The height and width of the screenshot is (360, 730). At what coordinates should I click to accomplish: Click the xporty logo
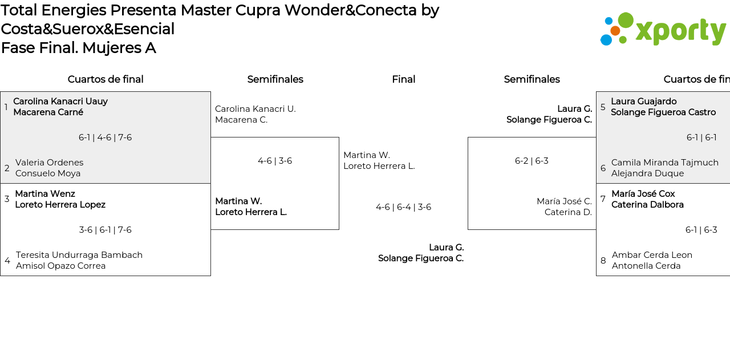coord(663,29)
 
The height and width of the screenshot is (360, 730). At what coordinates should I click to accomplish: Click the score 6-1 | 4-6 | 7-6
coord(105,137)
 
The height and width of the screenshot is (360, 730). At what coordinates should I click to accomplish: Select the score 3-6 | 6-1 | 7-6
coord(105,230)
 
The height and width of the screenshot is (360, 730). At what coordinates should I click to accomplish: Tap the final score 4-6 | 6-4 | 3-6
coord(403,207)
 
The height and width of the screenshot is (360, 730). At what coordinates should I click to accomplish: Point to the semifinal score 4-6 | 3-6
coord(275,161)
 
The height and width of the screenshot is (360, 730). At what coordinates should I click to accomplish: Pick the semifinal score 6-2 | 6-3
coord(532,161)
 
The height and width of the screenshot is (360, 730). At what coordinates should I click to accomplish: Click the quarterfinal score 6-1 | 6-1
coord(701,137)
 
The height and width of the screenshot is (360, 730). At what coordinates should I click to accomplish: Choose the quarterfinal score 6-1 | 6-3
coord(701,230)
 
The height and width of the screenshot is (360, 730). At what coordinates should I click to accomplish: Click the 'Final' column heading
coord(403,79)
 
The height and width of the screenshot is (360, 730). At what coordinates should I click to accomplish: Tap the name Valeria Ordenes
coord(50,163)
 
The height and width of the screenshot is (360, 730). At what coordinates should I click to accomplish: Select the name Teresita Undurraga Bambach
coord(79,255)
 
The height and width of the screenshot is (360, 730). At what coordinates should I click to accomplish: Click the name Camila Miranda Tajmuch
coord(665,163)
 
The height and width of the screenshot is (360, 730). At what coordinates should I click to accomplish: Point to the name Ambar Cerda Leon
coord(652,255)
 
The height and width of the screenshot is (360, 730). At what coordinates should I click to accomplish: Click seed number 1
coord(6,107)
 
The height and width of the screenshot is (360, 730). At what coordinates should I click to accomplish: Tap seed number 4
coord(7,261)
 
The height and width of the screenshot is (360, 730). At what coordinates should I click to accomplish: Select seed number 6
coord(603,168)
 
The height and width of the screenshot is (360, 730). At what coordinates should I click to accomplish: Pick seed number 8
coord(603,261)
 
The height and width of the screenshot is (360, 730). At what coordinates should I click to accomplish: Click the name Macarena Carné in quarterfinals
coord(48,112)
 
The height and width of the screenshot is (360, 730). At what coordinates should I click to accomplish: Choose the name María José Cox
coord(643,194)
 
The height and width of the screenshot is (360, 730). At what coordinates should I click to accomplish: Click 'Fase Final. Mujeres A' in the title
coord(78,48)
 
